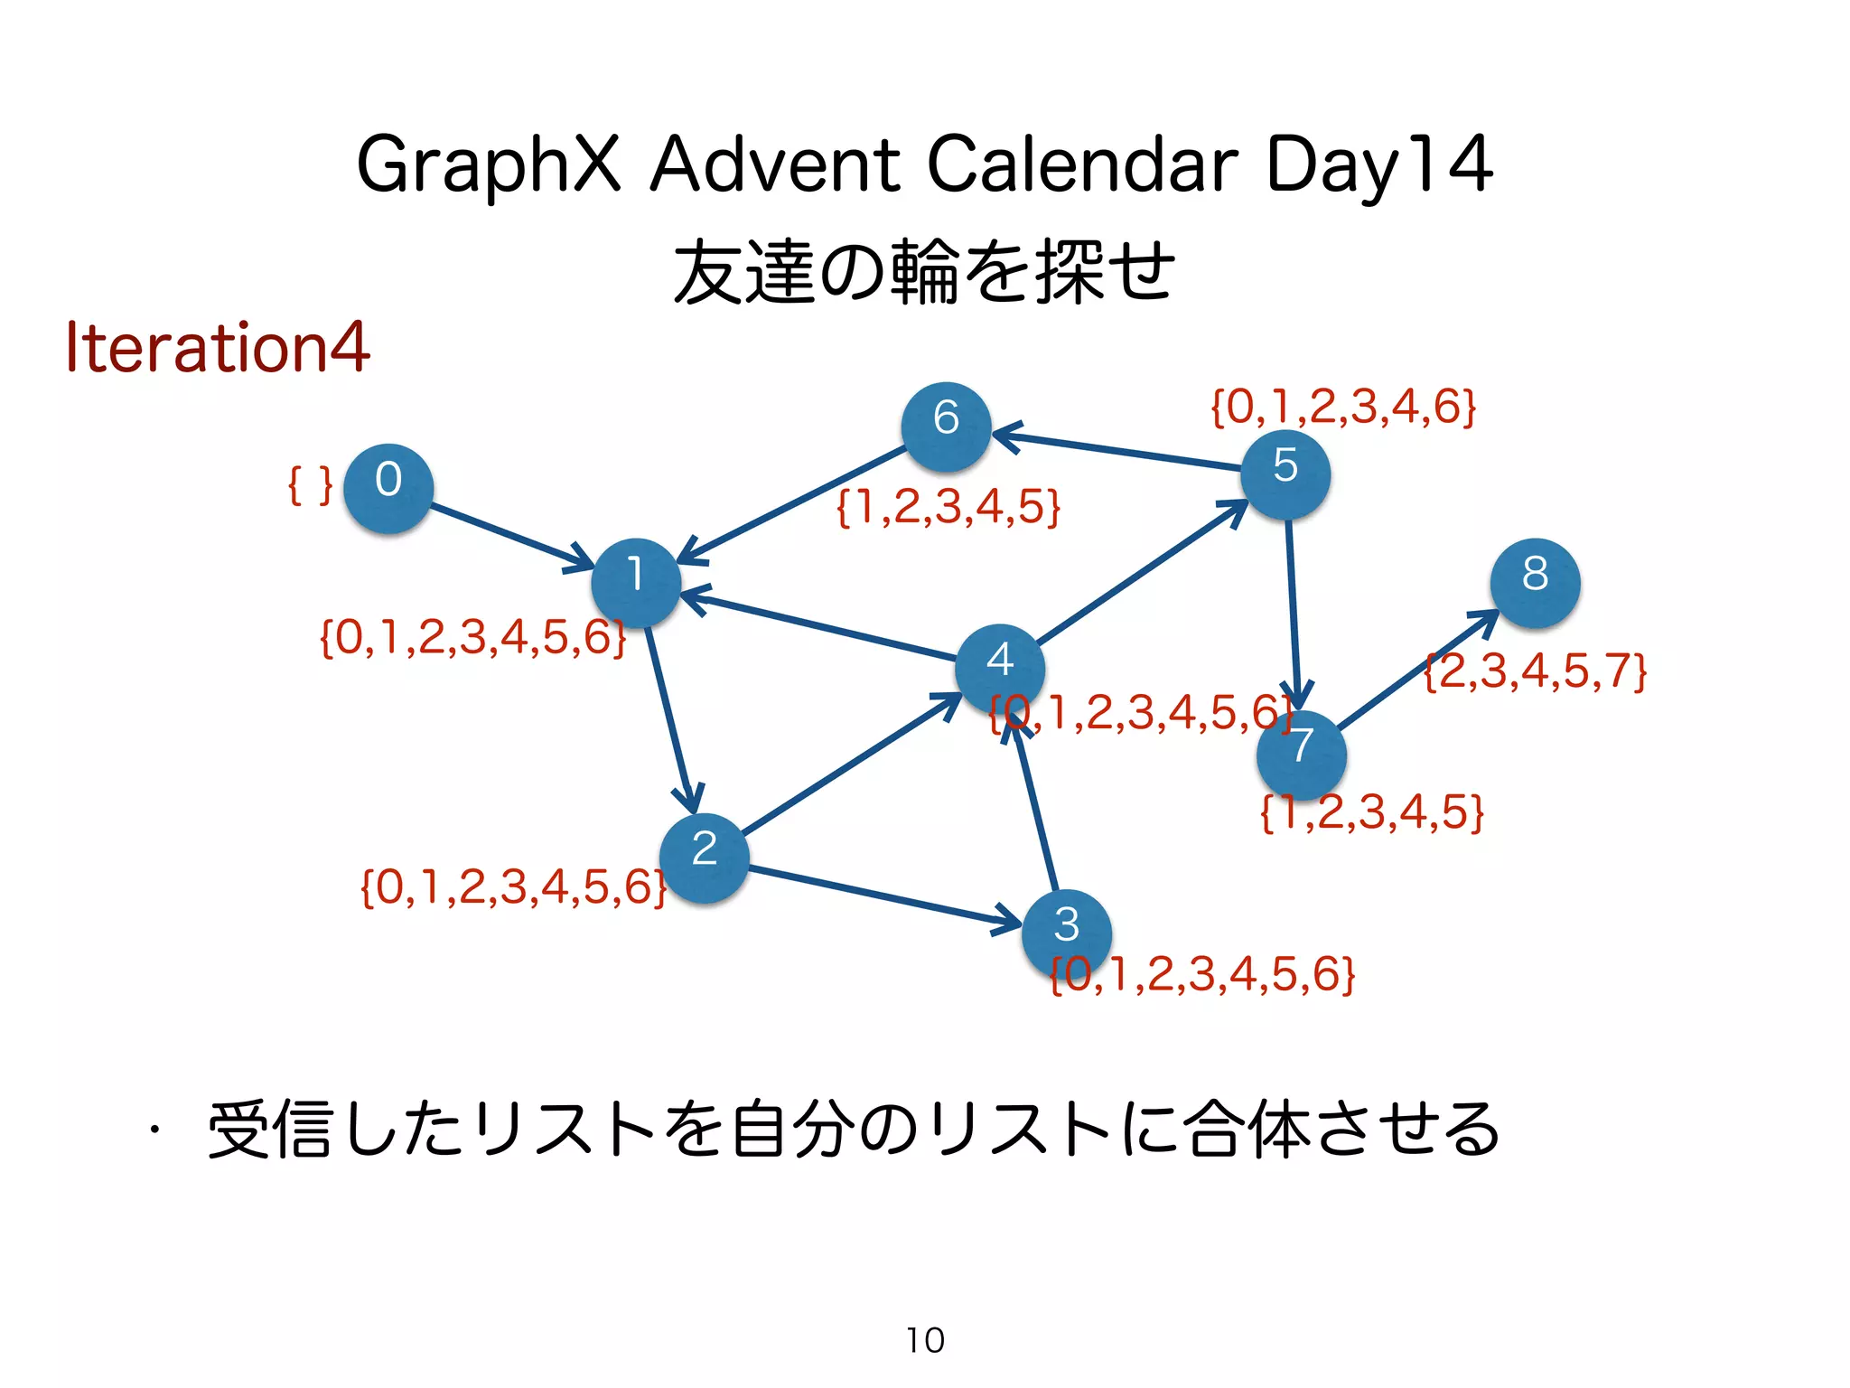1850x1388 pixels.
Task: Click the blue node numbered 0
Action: [388, 488]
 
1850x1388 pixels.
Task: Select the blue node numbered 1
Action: [636, 583]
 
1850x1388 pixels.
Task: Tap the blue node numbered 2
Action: [704, 858]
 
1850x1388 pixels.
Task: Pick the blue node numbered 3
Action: [1066, 933]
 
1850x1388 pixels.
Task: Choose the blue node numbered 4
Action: [999, 669]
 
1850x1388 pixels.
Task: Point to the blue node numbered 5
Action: [1285, 474]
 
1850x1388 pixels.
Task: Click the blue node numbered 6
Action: [946, 427]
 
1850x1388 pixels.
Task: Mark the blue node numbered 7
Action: [1301, 755]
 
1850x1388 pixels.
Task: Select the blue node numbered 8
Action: [1535, 583]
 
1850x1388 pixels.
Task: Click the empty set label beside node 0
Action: [310, 485]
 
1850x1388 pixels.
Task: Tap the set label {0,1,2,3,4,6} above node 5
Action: [1343, 407]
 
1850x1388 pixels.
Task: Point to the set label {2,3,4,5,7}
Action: [1536, 671]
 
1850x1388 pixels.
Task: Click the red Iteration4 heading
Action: [218, 347]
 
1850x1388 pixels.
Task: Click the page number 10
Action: [925, 1340]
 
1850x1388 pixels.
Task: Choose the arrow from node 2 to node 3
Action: [885, 897]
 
